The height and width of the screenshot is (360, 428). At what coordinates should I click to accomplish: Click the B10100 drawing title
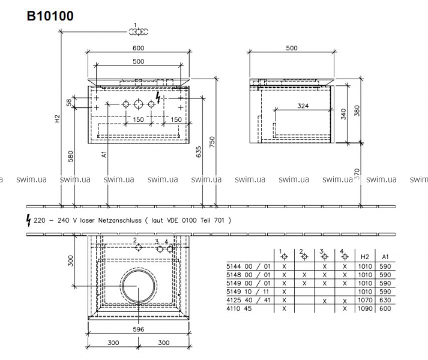tap(50, 16)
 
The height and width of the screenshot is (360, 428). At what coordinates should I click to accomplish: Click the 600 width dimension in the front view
tap(139, 48)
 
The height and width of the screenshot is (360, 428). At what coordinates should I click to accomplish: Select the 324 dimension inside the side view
tap(303, 106)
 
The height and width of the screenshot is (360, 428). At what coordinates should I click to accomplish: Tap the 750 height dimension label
tap(212, 142)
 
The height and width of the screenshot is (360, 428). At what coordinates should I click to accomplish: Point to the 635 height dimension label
tap(199, 152)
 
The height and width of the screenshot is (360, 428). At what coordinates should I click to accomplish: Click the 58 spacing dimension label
tap(69, 103)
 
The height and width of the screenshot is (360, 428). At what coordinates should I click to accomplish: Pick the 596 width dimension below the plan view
tap(139, 329)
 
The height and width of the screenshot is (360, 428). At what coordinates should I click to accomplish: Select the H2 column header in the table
tap(365, 257)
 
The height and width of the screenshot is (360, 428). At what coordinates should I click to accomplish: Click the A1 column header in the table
tap(385, 257)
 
